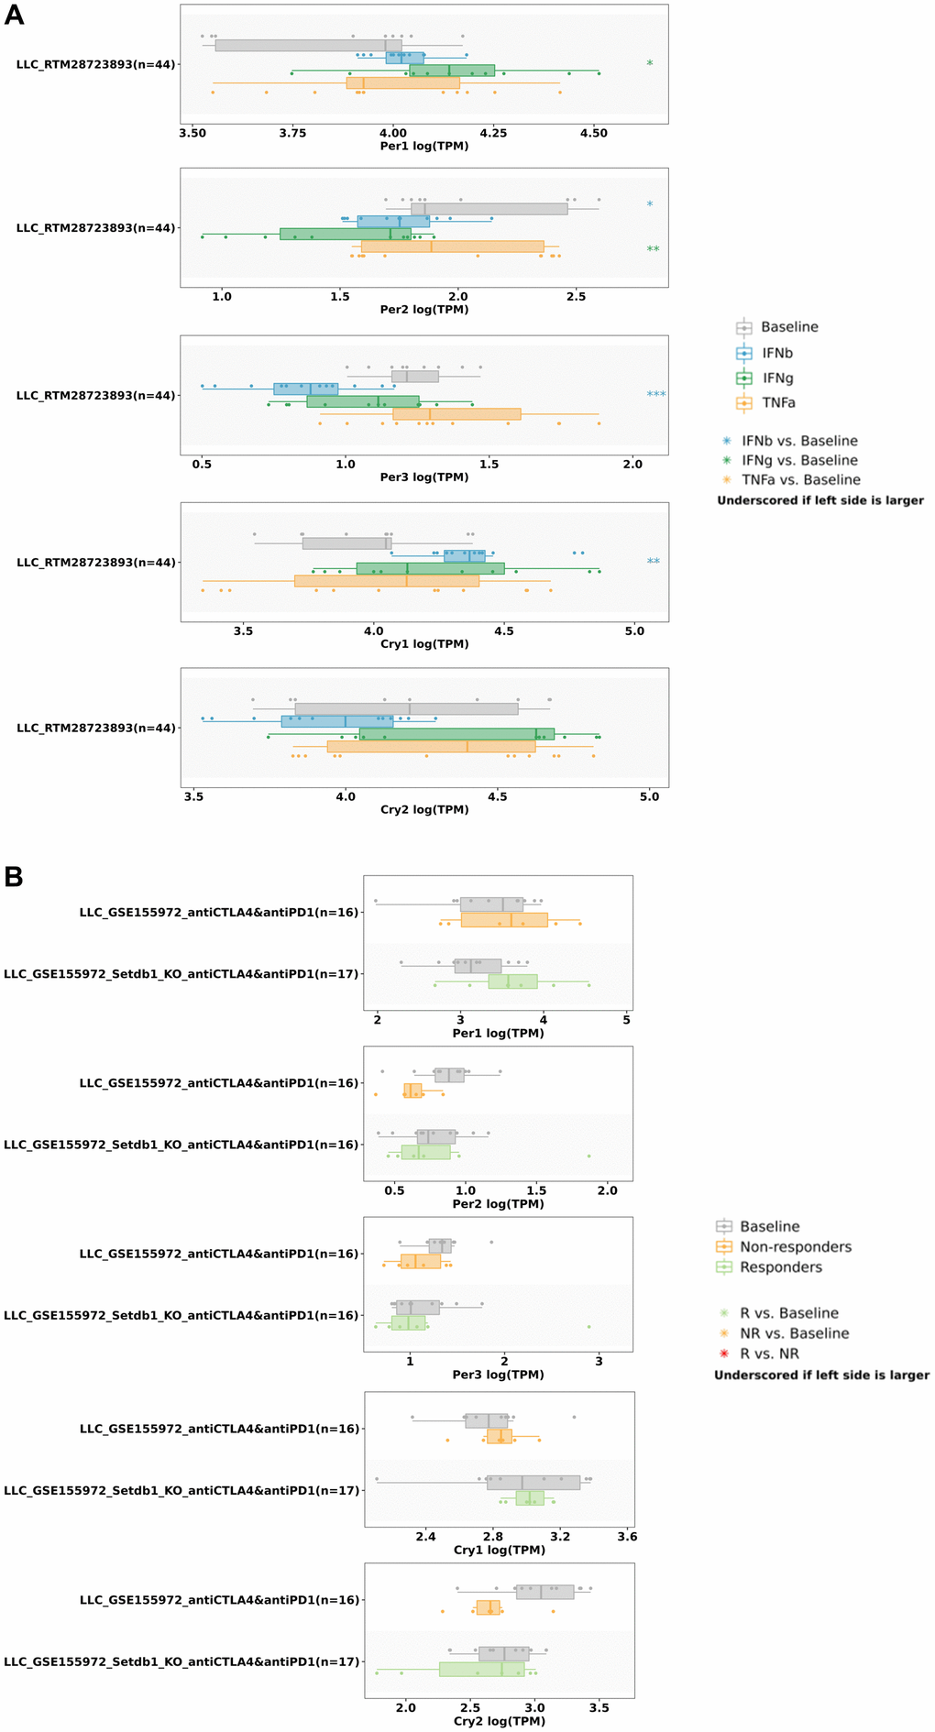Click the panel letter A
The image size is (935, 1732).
[14, 16]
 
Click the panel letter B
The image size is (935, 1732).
[14, 877]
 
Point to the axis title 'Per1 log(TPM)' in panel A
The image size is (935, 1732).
[423, 146]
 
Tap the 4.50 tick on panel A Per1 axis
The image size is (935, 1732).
[593, 133]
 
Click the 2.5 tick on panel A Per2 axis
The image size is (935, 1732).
[576, 296]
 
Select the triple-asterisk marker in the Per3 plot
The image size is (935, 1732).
[655, 395]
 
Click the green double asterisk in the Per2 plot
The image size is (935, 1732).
[653, 249]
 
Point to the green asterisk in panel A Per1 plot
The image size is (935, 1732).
[650, 64]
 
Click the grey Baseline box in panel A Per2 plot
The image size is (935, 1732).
[489, 209]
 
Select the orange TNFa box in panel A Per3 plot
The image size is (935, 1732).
[456, 414]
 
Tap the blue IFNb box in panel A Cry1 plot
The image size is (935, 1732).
[464, 555]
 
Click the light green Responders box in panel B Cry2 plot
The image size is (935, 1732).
[481, 1669]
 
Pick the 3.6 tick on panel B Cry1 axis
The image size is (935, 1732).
[627, 1537]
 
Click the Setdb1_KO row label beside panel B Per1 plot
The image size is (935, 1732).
[181, 974]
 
